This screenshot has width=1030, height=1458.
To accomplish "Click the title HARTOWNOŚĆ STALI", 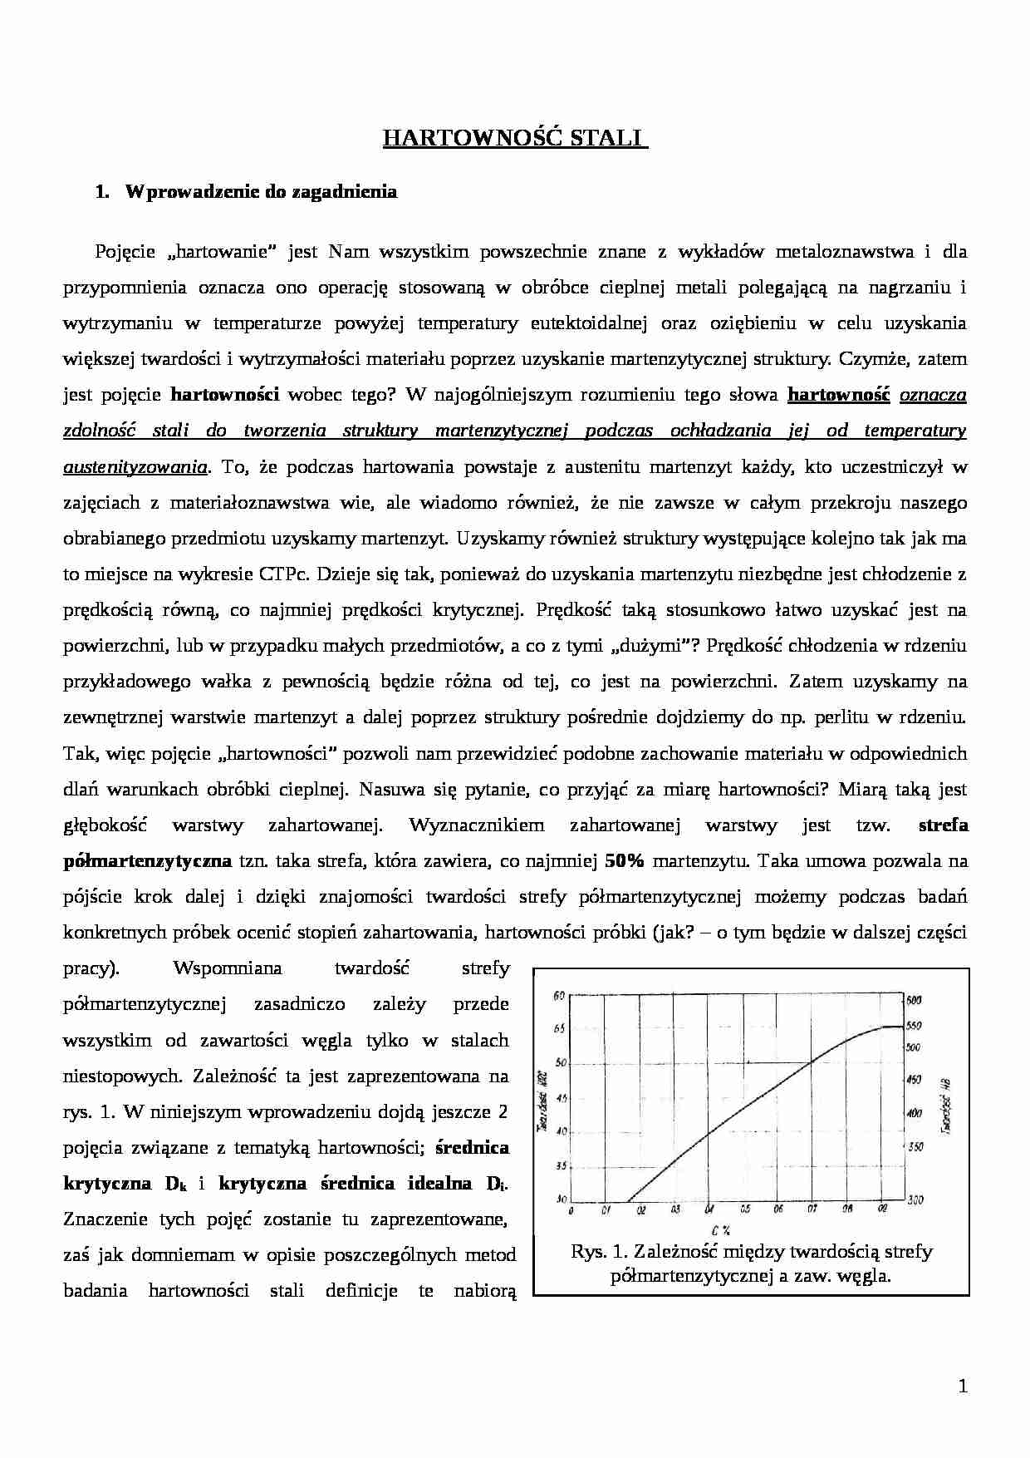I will coord(514,138).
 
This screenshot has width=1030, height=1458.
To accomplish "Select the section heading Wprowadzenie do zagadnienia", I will coord(261,192).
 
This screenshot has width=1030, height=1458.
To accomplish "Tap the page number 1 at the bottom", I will coord(962,1386).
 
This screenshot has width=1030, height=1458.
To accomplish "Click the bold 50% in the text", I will coord(625,861).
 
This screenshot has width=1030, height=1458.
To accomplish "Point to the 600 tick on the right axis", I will coord(915,1000).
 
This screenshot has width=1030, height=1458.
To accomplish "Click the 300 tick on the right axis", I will coord(915,1200).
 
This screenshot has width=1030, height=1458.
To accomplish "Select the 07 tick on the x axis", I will coord(811,1209).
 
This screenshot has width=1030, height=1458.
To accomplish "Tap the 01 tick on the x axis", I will coord(606,1209).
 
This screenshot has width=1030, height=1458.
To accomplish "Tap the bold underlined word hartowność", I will coord(838,396).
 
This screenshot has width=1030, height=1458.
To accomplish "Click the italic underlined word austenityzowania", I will coord(135,467).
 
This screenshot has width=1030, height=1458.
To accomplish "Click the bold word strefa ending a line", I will coord(943,825).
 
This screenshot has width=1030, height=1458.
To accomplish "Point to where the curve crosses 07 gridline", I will coord(811,1061).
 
